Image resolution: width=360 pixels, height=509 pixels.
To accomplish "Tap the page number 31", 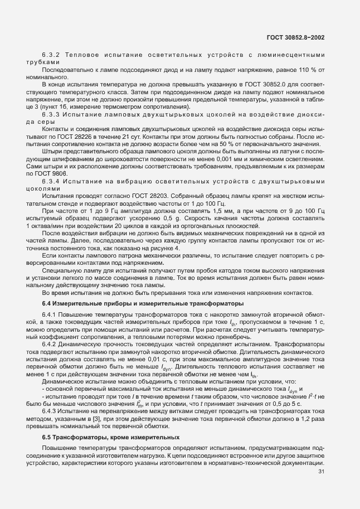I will pyautogui.click(x=321, y=472).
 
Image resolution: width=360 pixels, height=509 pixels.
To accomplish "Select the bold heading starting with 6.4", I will pyautogui.click(x=143, y=304).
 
